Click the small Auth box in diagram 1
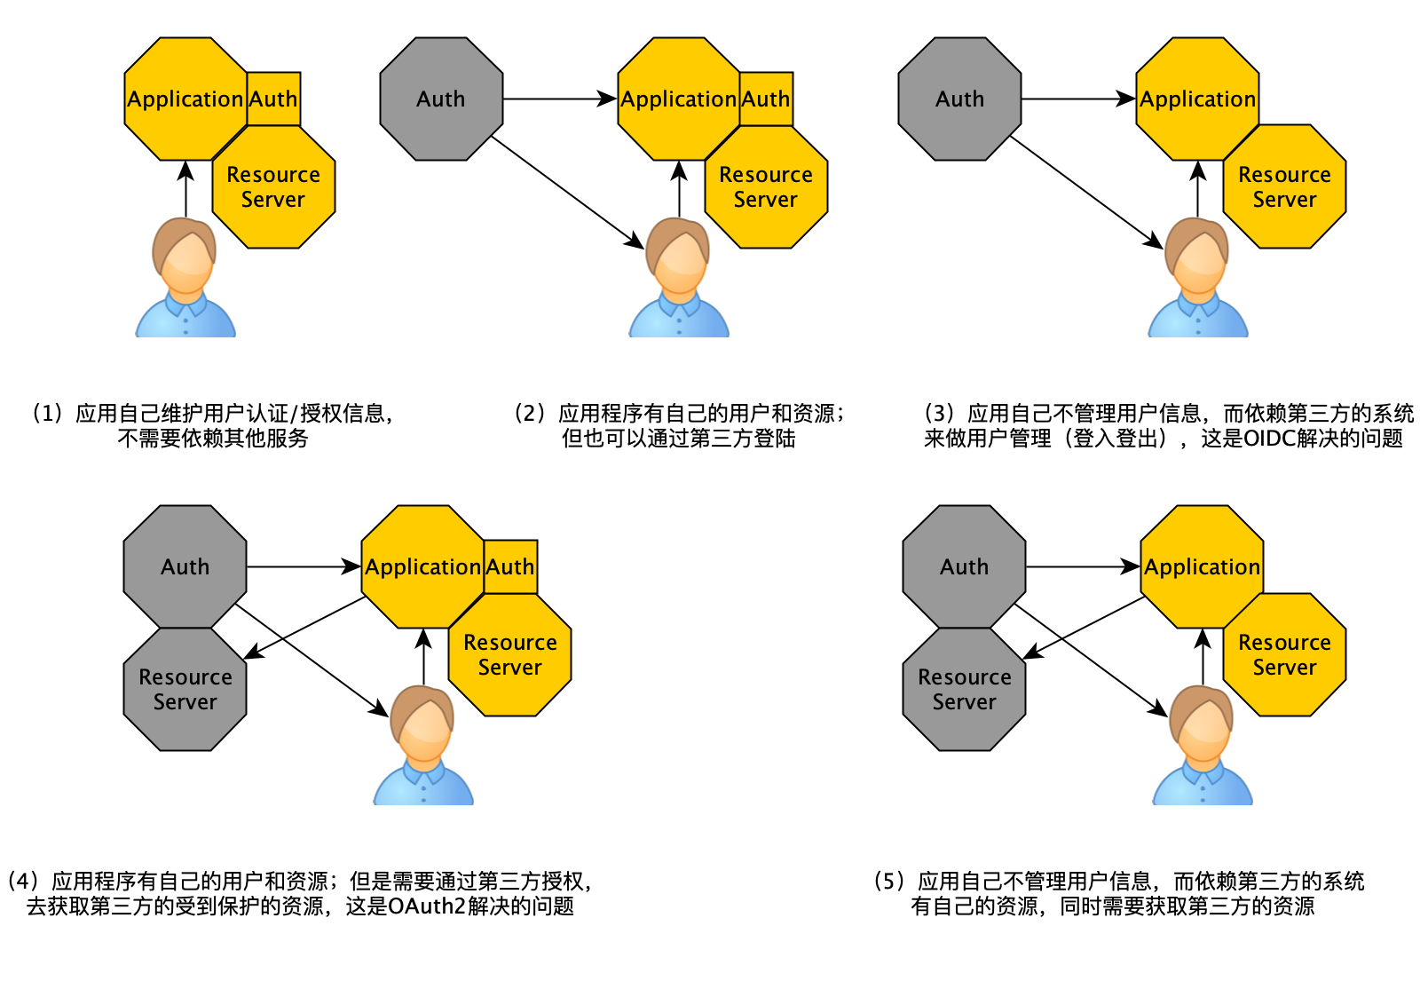tap(273, 99)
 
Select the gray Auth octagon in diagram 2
tap(441, 99)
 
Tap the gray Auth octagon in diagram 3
tap(959, 99)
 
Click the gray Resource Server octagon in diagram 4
tap(185, 690)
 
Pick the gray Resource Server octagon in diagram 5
tap(964, 690)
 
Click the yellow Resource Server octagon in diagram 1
tap(273, 187)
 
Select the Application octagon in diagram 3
tap(1197, 99)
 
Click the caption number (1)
tap(48, 413)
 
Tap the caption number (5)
tap(889, 882)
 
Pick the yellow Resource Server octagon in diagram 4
tap(510, 655)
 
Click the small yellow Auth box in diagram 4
tap(510, 566)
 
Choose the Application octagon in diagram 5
tap(1202, 566)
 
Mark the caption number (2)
tap(530, 413)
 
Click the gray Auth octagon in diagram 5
tap(964, 566)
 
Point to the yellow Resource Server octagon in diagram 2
tap(766, 187)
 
